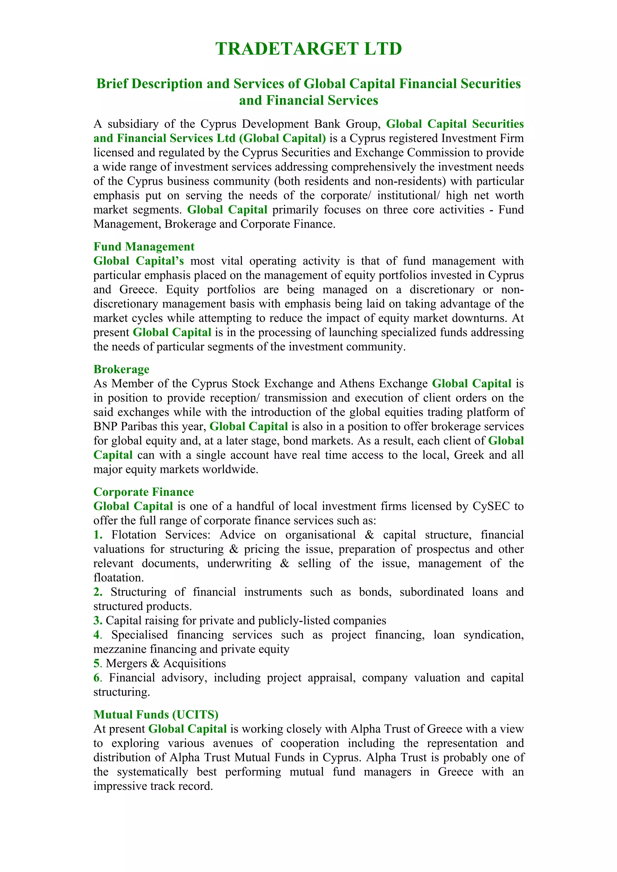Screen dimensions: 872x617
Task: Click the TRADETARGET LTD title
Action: (308, 49)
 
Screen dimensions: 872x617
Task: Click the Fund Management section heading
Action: (144, 246)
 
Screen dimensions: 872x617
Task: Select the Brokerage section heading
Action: (121, 369)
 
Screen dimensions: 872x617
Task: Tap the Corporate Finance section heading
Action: (143, 492)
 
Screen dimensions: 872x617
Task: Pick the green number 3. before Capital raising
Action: (98, 620)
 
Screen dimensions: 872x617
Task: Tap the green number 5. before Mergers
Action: (98, 663)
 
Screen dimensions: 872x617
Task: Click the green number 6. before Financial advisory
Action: (98, 678)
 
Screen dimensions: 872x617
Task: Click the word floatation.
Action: (118, 578)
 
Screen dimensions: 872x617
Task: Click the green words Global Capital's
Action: (138, 261)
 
